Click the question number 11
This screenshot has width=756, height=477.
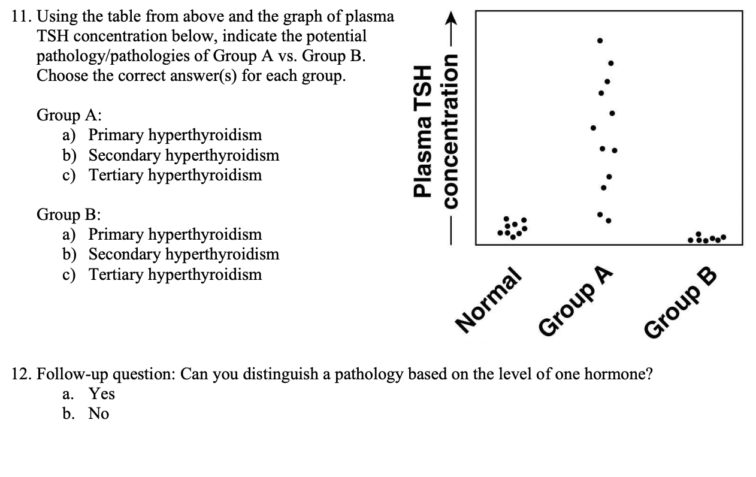[22, 17]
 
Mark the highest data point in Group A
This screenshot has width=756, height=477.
[600, 41]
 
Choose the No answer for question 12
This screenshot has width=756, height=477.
[99, 413]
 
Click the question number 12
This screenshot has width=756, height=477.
[22, 375]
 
